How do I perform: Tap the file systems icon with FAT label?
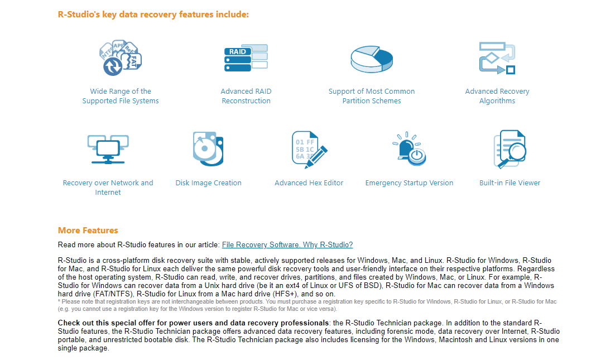coord(121,58)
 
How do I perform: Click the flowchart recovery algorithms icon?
coord(497,58)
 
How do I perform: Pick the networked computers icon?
coord(108,149)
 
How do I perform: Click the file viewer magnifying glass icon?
coord(510,149)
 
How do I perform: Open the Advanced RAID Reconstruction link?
coord(246,96)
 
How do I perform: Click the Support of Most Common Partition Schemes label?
coord(372,96)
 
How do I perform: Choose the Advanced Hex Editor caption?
coord(309,183)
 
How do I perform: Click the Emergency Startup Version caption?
coord(409,183)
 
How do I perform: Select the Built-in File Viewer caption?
coord(510,183)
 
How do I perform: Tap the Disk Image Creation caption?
coord(208,183)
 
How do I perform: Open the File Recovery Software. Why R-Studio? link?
coord(287,244)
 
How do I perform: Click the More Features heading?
coord(88,230)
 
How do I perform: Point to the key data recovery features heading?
coord(153,15)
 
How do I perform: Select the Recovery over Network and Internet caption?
coord(108,188)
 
